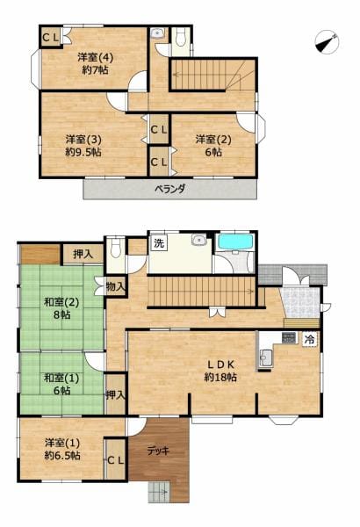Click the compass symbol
pyautogui.click(x=327, y=42)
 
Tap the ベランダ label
pyautogui.click(x=169, y=189)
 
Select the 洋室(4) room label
pyautogui.click(x=96, y=57)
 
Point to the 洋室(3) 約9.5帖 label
pyautogui.click(x=83, y=146)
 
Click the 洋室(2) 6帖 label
pyautogui.click(x=213, y=146)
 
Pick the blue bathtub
pyautogui.click(x=235, y=242)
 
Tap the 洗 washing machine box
pyautogui.click(x=159, y=242)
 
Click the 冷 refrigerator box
pyautogui.click(x=310, y=339)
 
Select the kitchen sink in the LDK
pyautogui.click(x=267, y=358)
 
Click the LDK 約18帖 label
pyautogui.click(x=220, y=371)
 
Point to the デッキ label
pyautogui.click(x=158, y=451)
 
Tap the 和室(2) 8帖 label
pyautogui.click(x=61, y=308)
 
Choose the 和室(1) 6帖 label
pyautogui.click(x=61, y=384)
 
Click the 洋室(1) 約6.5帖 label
pyautogui.click(x=62, y=449)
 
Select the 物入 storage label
pyautogui.click(x=115, y=286)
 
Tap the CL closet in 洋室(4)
pyautogui.click(x=50, y=37)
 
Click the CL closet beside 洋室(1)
pyautogui.click(x=116, y=459)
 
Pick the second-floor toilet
pyautogui.click(x=181, y=39)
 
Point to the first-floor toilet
pyautogui.click(x=116, y=248)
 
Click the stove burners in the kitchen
pyautogui.click(x=289, y=337)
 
